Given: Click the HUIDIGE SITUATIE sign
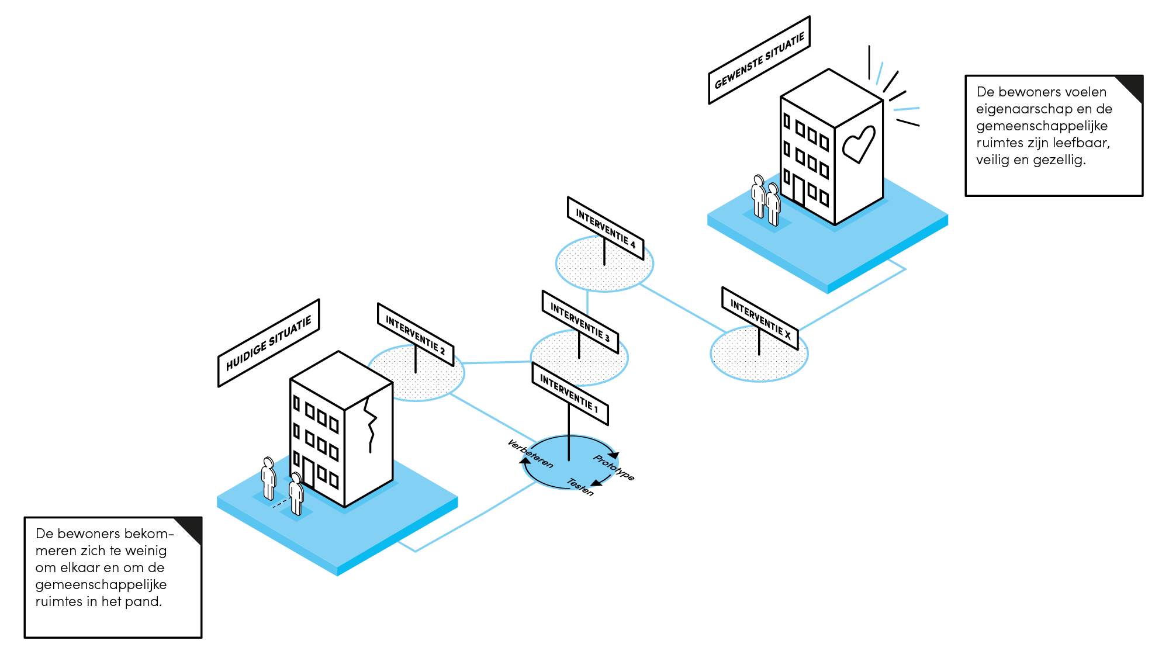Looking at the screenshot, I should pyautogui.click(x=269, y=343).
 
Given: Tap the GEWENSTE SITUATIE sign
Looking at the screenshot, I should pyautogui.click(x=759, y=60).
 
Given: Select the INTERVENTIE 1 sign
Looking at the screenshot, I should pyautogui.click(x=570, y=394).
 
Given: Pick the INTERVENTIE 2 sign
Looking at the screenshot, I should pyautogui.click(x=416, y=335).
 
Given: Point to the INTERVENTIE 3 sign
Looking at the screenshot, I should pyautogui.click(x=580, y=322).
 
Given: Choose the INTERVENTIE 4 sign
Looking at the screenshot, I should pyautogui.click(x=606, y=228).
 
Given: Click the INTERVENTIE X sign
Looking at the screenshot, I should pyautogui.click(x=760, y=318).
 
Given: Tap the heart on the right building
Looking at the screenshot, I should pyautogui.click(x=858, y=144).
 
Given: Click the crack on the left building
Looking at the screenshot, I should pyautogui.click(x=370, y=424).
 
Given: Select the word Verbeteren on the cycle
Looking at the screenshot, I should pyautogui.click(x=530, y=454).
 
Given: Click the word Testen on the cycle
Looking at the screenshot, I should pyautogui.click(x=580, y=487).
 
